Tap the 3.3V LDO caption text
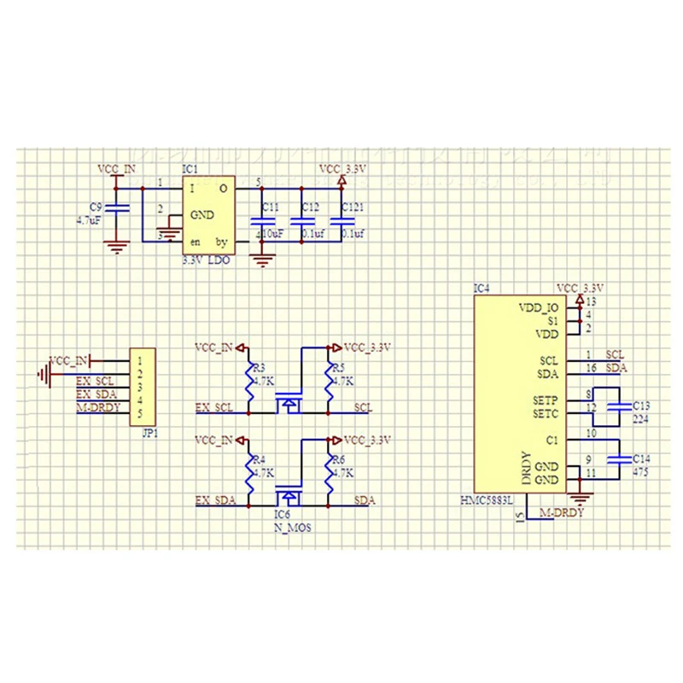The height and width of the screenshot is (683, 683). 206,261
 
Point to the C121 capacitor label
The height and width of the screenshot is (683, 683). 352,207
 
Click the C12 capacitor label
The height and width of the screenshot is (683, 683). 310,207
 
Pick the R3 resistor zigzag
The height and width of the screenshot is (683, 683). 249,382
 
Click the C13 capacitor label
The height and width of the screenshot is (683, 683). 642,406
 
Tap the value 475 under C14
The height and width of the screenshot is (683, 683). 640,471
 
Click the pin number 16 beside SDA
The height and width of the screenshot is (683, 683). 591,368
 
